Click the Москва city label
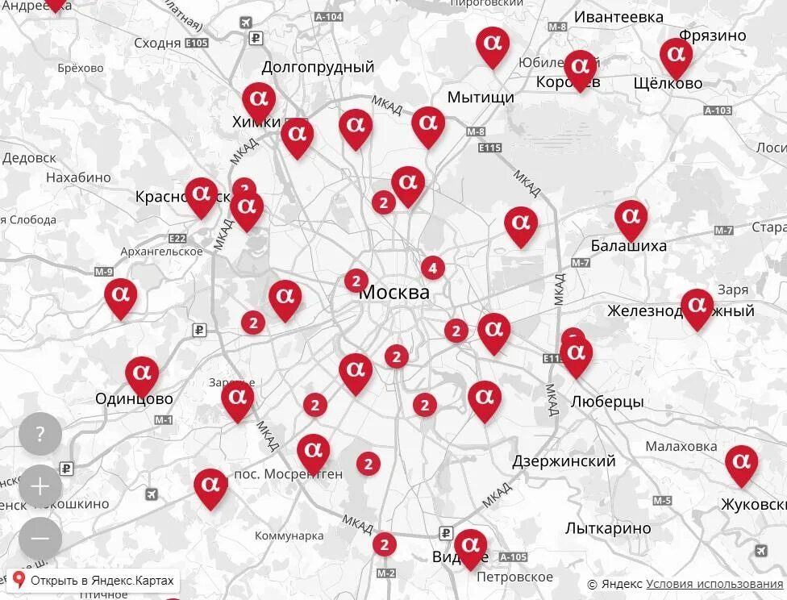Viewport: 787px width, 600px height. pyautogui.click(x=394, y=293)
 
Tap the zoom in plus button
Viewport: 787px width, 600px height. pyautogui.click(x=40, y=486)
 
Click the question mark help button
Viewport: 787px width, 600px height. pyautogui.click(x=40, y=434)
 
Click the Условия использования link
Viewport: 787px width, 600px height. pyautogui.click(x=714, y=584)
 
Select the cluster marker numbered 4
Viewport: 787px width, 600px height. pyautogui.click(x=433, y=268)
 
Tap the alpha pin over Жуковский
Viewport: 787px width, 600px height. pyautogui.click(x=741, y=463)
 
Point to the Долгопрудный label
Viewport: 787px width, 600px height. pyautogui.click(x=318, y=67)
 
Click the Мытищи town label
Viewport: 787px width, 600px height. pyautogui.click(x=481, y=98)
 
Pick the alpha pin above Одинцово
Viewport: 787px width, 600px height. pyautogui.click(x=142, y=373)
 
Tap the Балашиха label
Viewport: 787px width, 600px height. pyautogui.click(x=629, y=245)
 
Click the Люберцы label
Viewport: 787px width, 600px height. pyautogui.click(x=607, y=402)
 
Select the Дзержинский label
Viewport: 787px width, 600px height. pyautogui.click(x=564, y=461)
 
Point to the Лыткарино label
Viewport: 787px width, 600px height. pyautogui.click(x=608, y=529)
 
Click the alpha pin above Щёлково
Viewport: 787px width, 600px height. pyautogui.click(x=676, y=56)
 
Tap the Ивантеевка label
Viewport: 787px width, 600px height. pyautogui.click(x=618, y=17)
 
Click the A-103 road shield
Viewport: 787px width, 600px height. pyautogui.click(x=718, y=110)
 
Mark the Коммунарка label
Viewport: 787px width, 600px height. pyautogui.click(x=289, y=535)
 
